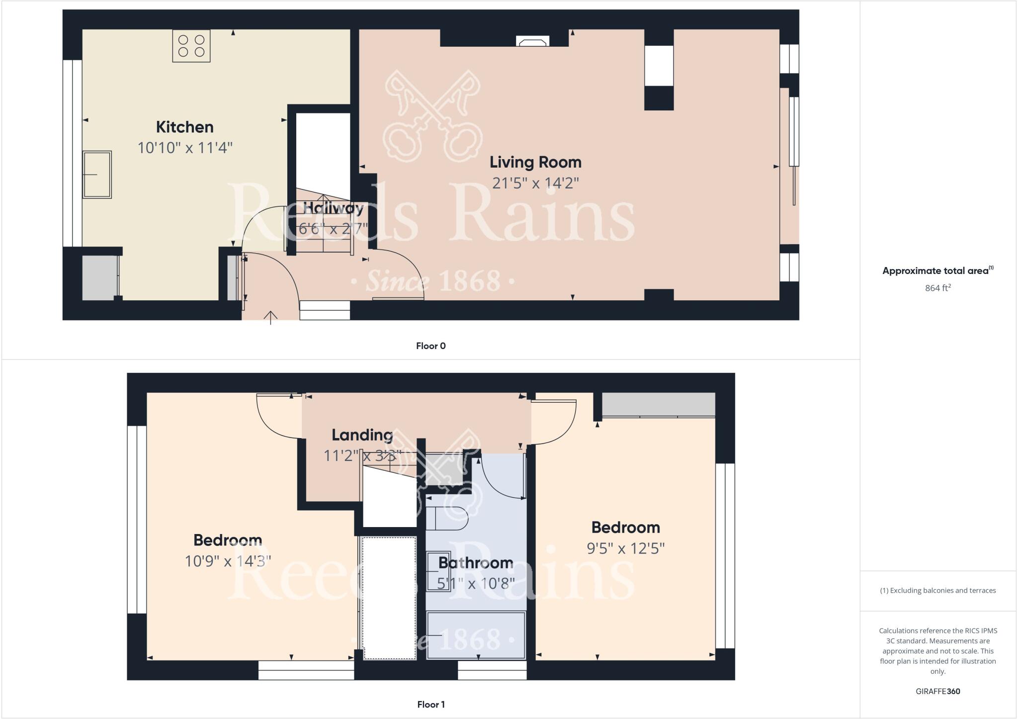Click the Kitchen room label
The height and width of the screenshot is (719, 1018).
pyautogui.click(x=184, y=127)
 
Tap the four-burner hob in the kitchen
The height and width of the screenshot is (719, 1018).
pyautogui.click(x=191, y=46)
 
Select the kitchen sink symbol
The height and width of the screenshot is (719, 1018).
pyautogui.click(x=97, y=175)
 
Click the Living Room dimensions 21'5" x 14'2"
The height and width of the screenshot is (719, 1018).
pyautogui.click(x=535, y=183)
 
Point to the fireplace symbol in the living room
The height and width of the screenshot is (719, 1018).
pyautogui.click(x=532, y=42)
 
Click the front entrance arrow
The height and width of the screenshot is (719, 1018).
pyautogui.click(x=270, y=317)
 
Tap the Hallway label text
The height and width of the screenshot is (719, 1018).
pyautogui.click(x=333, y=208)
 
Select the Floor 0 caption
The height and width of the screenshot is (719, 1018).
pyautogui.click(x=430, y=346)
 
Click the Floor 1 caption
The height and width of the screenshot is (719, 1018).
pyautogui.click(x=430, y=705)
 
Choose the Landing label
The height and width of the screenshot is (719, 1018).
pyautogui.click(x=362, y=435)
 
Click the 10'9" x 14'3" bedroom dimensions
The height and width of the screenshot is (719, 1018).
pyautogui.click(x=228, y=561)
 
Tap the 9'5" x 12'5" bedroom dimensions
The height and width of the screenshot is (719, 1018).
pyautogui.click(x=625, y=548)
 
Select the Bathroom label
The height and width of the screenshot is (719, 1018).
pyautogui.click(x=475, y=563)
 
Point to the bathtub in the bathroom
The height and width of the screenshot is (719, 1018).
pyautogui.click(x=476, y=635)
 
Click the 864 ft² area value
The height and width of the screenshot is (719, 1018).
pyautogui.click(x=937, y=288)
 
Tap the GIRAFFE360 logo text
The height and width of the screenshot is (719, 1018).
pyautogui.click(x=937, y=691)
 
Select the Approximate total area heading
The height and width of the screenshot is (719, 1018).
pyautogui.click(x=937, y=271)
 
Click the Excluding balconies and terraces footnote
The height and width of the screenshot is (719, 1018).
pyautogui.click(x=937, y=591)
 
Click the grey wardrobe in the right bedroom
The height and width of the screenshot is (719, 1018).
pyautogui.click(x=658, y=404)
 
